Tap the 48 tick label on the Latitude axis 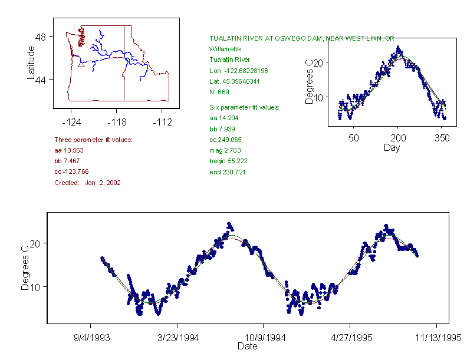tap(41, 37)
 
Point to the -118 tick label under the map tap(116, 123)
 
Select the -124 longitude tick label tap(71, 123)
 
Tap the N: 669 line tap(219, 91)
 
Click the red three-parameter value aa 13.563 tap(69, 150)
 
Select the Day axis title tap(392, 147)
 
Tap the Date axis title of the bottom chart tap(247, 346)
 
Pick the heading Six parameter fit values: tap(244, 107)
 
